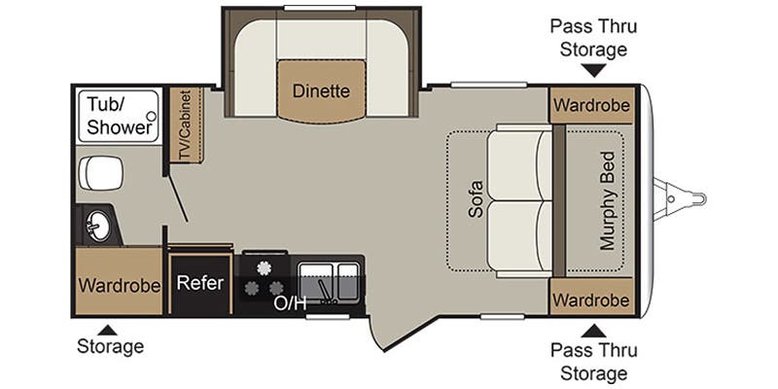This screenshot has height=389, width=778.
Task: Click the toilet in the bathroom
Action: pyautogui.click(x=102, y=173)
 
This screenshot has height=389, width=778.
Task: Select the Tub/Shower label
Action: pyautogui.click(x=120, y=115)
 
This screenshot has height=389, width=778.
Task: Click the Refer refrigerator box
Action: pyautogui.click(x=200, y=283)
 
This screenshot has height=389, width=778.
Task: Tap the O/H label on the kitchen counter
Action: pyautogui.click(x=290, y=302)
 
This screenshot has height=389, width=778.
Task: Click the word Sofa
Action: pyautogui.click(x=476, y=198)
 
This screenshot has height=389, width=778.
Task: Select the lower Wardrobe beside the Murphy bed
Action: pyautogui.click(x=590, y=299)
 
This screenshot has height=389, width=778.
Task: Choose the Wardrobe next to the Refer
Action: pyautogui.click(x=119, y=287)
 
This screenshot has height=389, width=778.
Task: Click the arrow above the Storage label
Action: pyautogui.click(x=111, y=329)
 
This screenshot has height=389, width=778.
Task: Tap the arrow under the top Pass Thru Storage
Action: pyautogui.click(x=590, y=70)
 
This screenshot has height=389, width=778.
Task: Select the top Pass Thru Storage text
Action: pyautogui.click(x=588, y=37)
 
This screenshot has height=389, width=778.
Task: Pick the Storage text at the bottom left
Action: pyautogui.click(x=111, y=346)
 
